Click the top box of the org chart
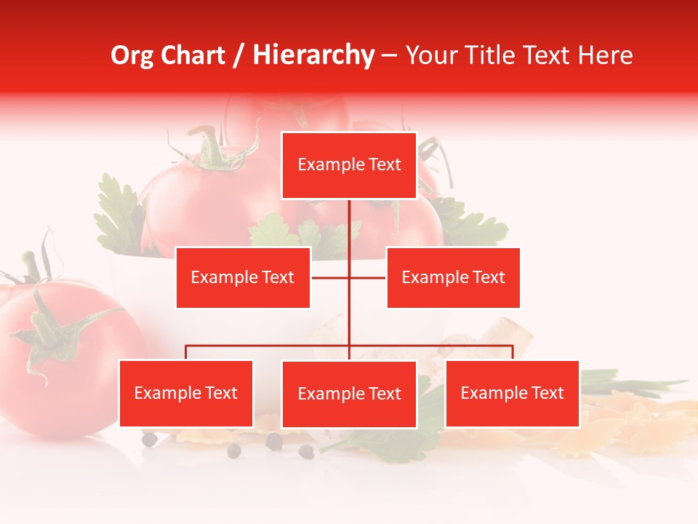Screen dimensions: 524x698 tap(349, 165)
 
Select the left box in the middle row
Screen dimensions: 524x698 tap(243, 277)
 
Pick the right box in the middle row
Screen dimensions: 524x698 tap(453, 277)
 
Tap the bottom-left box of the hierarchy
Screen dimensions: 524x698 tap(186, 394)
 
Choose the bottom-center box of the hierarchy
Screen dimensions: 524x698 tap(349, 394)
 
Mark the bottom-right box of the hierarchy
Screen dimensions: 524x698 tap(512, 394)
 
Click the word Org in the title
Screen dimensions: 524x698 tap(132, 56)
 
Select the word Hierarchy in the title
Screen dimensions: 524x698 tap(313, 56)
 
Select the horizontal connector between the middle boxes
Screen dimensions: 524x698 tap(349, 277)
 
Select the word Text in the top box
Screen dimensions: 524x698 tap(384, 165)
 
